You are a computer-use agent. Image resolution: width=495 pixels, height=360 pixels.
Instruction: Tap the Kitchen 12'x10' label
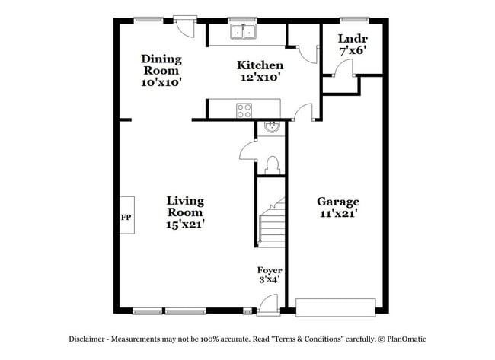(x=260, y=71)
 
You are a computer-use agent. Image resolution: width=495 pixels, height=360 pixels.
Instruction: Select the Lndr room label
(x=353, y=43)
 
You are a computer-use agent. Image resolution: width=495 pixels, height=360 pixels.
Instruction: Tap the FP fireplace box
(x=126, y=216)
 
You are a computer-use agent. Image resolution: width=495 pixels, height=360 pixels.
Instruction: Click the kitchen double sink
(x=244, y=32)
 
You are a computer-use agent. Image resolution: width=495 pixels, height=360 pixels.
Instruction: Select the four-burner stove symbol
(x=244, y=109)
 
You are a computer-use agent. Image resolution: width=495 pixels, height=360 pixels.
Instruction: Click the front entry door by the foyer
(x=268, y=304)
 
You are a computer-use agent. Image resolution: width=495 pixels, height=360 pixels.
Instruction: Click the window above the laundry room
(x=354, y=19)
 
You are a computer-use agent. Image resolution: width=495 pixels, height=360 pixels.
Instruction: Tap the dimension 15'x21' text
(x=186, y=225)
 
